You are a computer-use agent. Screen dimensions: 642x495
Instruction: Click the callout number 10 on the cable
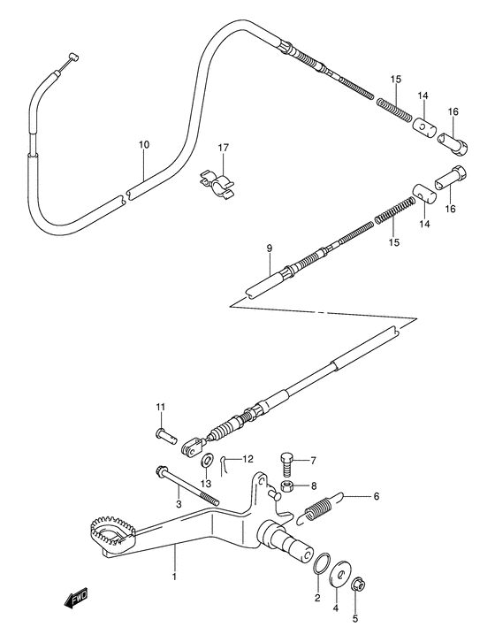[143, 143]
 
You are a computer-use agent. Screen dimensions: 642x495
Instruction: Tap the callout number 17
[224, 148]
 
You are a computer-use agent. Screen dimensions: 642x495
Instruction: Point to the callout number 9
[270, 249]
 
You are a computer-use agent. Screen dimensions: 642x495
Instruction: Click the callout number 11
[161, 407]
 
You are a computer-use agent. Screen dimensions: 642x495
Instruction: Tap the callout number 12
[248, 458]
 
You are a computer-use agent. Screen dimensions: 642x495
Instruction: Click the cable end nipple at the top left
[67, 58]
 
